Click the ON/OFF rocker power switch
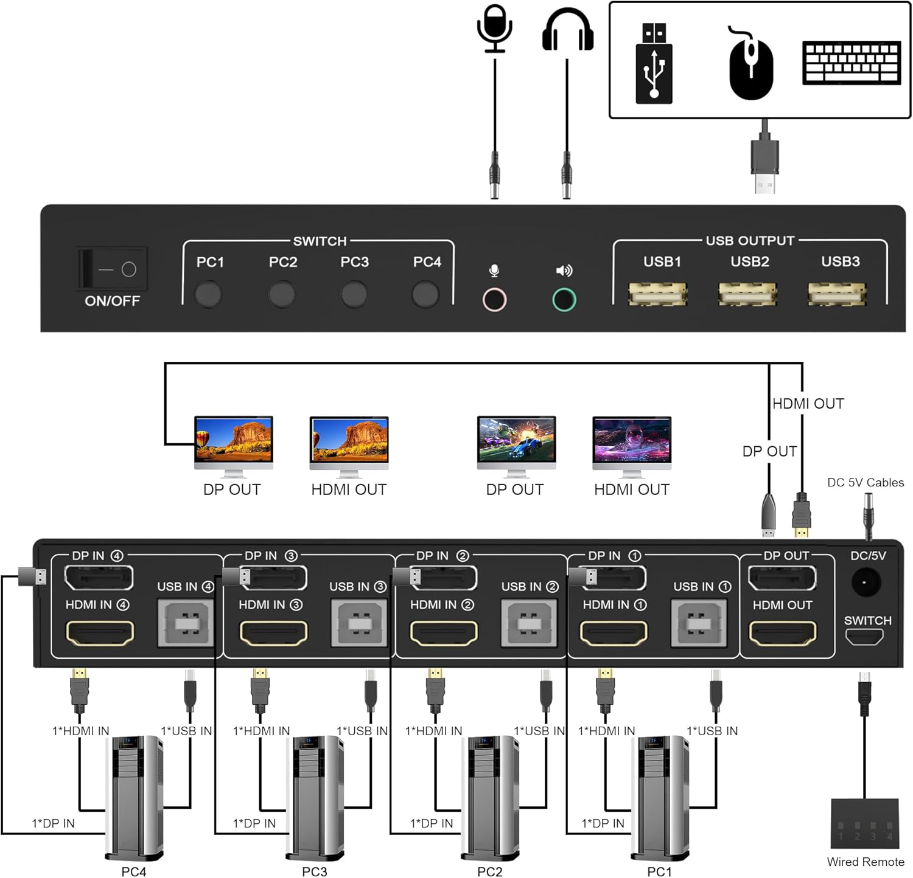click(x=112, y=269)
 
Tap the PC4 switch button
click(x=425, y=294)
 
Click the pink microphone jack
click(x=494, y=299)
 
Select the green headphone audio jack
click(x=564, y=299)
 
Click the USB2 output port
click(x=747, y=294)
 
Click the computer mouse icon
click(x=750, y=64)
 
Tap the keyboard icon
click(x=851, y=62)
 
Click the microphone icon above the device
click(x=494, y=28)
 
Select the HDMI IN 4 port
click(x=99, y=633)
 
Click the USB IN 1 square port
click(x=699, y=623)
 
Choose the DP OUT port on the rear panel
click(x=782, y=578)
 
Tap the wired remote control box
click(x=864, y=824)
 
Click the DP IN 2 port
click(x=444, y=578)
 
